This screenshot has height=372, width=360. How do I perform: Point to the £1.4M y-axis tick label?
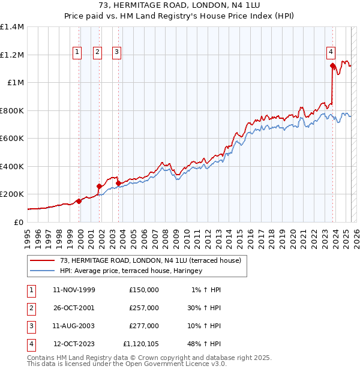tap(12, 27)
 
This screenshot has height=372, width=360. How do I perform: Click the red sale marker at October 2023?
tap(332, 66)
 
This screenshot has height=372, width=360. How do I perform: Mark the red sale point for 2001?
tap(99, 186)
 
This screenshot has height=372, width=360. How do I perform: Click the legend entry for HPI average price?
tap(131, 271)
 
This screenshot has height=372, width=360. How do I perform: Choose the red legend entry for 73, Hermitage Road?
tap(150, 260)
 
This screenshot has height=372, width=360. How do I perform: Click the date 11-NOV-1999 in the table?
tap(74, 290)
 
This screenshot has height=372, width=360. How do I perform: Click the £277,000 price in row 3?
tap(144, 326)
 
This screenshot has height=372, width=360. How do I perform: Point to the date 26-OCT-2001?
tap(74, 308)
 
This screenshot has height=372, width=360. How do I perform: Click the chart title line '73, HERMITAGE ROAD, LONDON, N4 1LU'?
tap(179, 6)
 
